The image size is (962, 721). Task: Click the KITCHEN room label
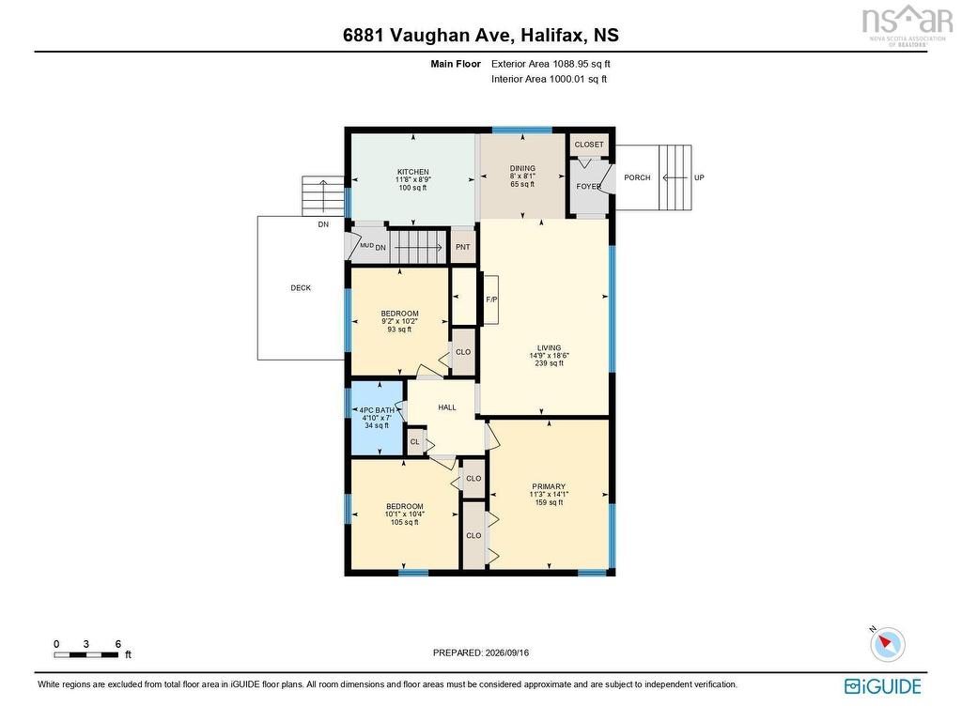(x=413, y=172)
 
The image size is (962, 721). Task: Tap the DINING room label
(x=522, y=168)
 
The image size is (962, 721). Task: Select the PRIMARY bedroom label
(x=549, y=486)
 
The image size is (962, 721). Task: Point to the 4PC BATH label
(x=377, y=410)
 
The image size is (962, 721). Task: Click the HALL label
(x=447, y=407)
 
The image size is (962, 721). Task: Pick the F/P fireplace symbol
(x=490, y=299)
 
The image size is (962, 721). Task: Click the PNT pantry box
(x=463, y=247)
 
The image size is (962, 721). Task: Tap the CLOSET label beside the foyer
(x=589, y=144)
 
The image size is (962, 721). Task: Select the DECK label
(x=301, y=287)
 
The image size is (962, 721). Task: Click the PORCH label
(x=637, y=177)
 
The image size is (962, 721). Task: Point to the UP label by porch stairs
(x=699, y=177)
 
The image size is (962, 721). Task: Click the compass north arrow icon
(x=887, y=644)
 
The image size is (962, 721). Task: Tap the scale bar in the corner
(x=85, y=654)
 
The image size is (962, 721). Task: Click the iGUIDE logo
(x=883, y=686)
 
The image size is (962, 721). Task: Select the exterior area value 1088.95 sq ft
(x=581, y=64)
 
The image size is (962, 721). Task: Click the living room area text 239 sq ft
(x=549, y=363)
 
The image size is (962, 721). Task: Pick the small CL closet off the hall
(x=415, y=442)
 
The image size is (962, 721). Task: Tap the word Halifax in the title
(x=551, y=35)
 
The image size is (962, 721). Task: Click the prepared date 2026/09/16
(x=506, y=653)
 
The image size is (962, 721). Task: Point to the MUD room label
(x=367, y=245)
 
